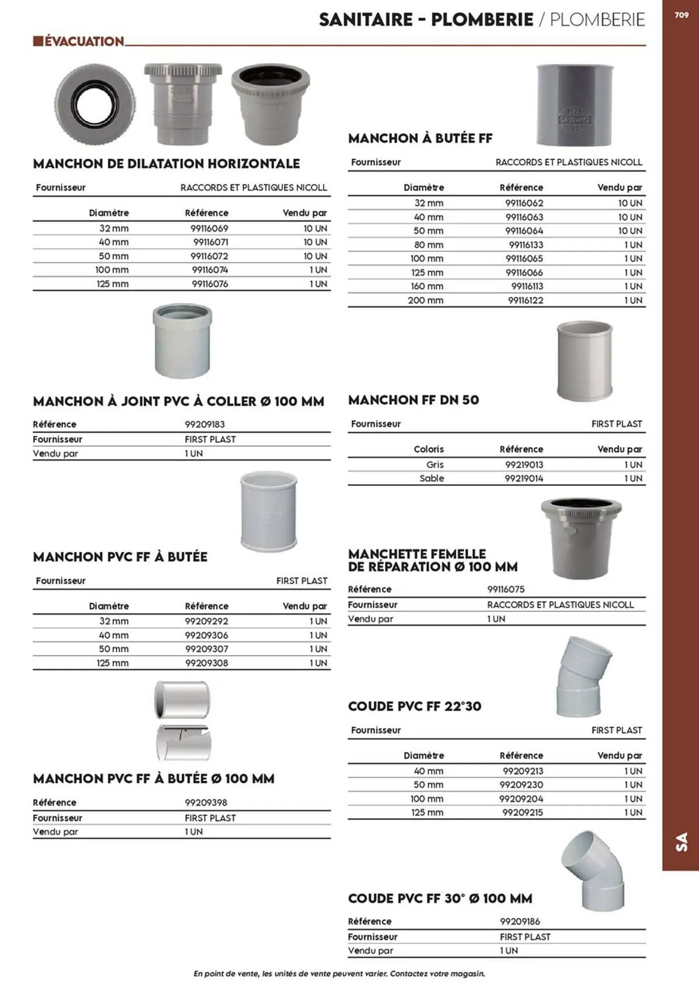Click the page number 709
[681, 15]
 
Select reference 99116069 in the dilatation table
[210, 228]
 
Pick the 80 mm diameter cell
[428, 245]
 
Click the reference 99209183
[205, 424]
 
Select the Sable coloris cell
[432, 478]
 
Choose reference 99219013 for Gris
[524, 464]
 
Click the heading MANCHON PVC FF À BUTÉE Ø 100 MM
[153, 779]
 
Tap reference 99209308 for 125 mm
[207, 663]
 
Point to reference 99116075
[506, 589]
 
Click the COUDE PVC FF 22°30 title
[414, 706]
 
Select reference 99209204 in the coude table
[522, 799]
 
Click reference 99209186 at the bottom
[520, 921]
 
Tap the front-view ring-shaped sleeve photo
[94, 105]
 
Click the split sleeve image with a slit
[183, 742]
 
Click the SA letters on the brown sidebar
[681, 842]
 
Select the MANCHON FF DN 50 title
[413, 400]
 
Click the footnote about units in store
[339, 973]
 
